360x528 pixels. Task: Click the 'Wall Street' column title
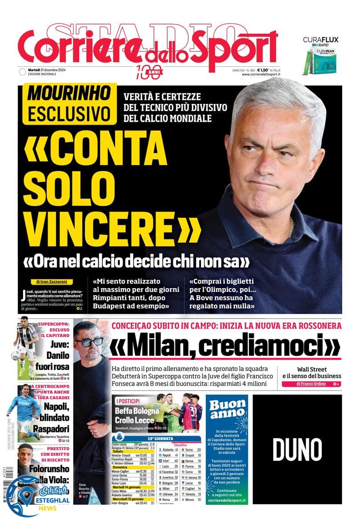point(312,369)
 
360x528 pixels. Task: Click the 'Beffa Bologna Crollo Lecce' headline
point(134,415)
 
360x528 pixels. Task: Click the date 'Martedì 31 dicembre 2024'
point(47,70)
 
